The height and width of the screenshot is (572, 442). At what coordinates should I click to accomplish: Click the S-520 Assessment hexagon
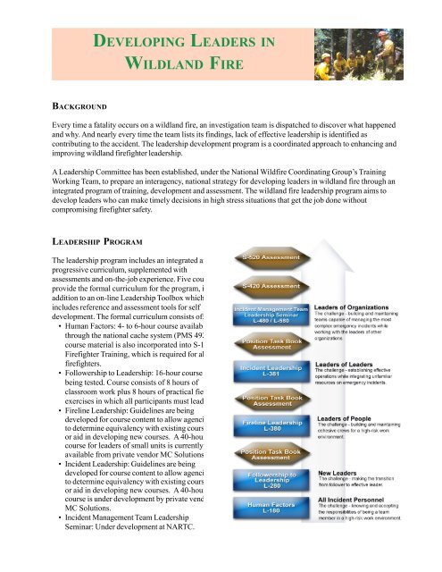272,258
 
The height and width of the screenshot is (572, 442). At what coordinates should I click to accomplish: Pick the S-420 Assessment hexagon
272,285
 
